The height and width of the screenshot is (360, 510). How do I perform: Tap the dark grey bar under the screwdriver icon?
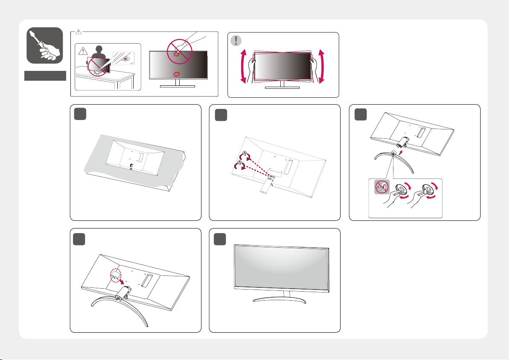45,76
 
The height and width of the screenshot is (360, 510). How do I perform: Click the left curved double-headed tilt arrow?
243,66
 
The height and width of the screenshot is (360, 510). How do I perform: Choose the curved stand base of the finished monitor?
280,300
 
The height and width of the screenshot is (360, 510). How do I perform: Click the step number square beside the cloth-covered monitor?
80,114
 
